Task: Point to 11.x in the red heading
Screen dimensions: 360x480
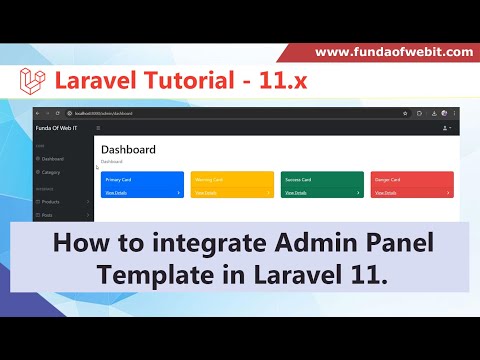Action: click(284, 80)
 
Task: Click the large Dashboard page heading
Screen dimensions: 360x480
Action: click(128, 150)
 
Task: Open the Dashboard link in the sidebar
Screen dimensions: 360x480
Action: click(52, 159)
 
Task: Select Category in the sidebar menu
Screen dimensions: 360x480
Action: click(51, 172)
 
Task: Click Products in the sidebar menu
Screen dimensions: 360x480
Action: click(52, 201)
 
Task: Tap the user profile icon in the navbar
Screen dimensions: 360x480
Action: click(446, 129)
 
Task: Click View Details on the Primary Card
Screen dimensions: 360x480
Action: click(116, 192)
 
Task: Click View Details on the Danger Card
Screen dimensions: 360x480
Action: click(385, 192)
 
